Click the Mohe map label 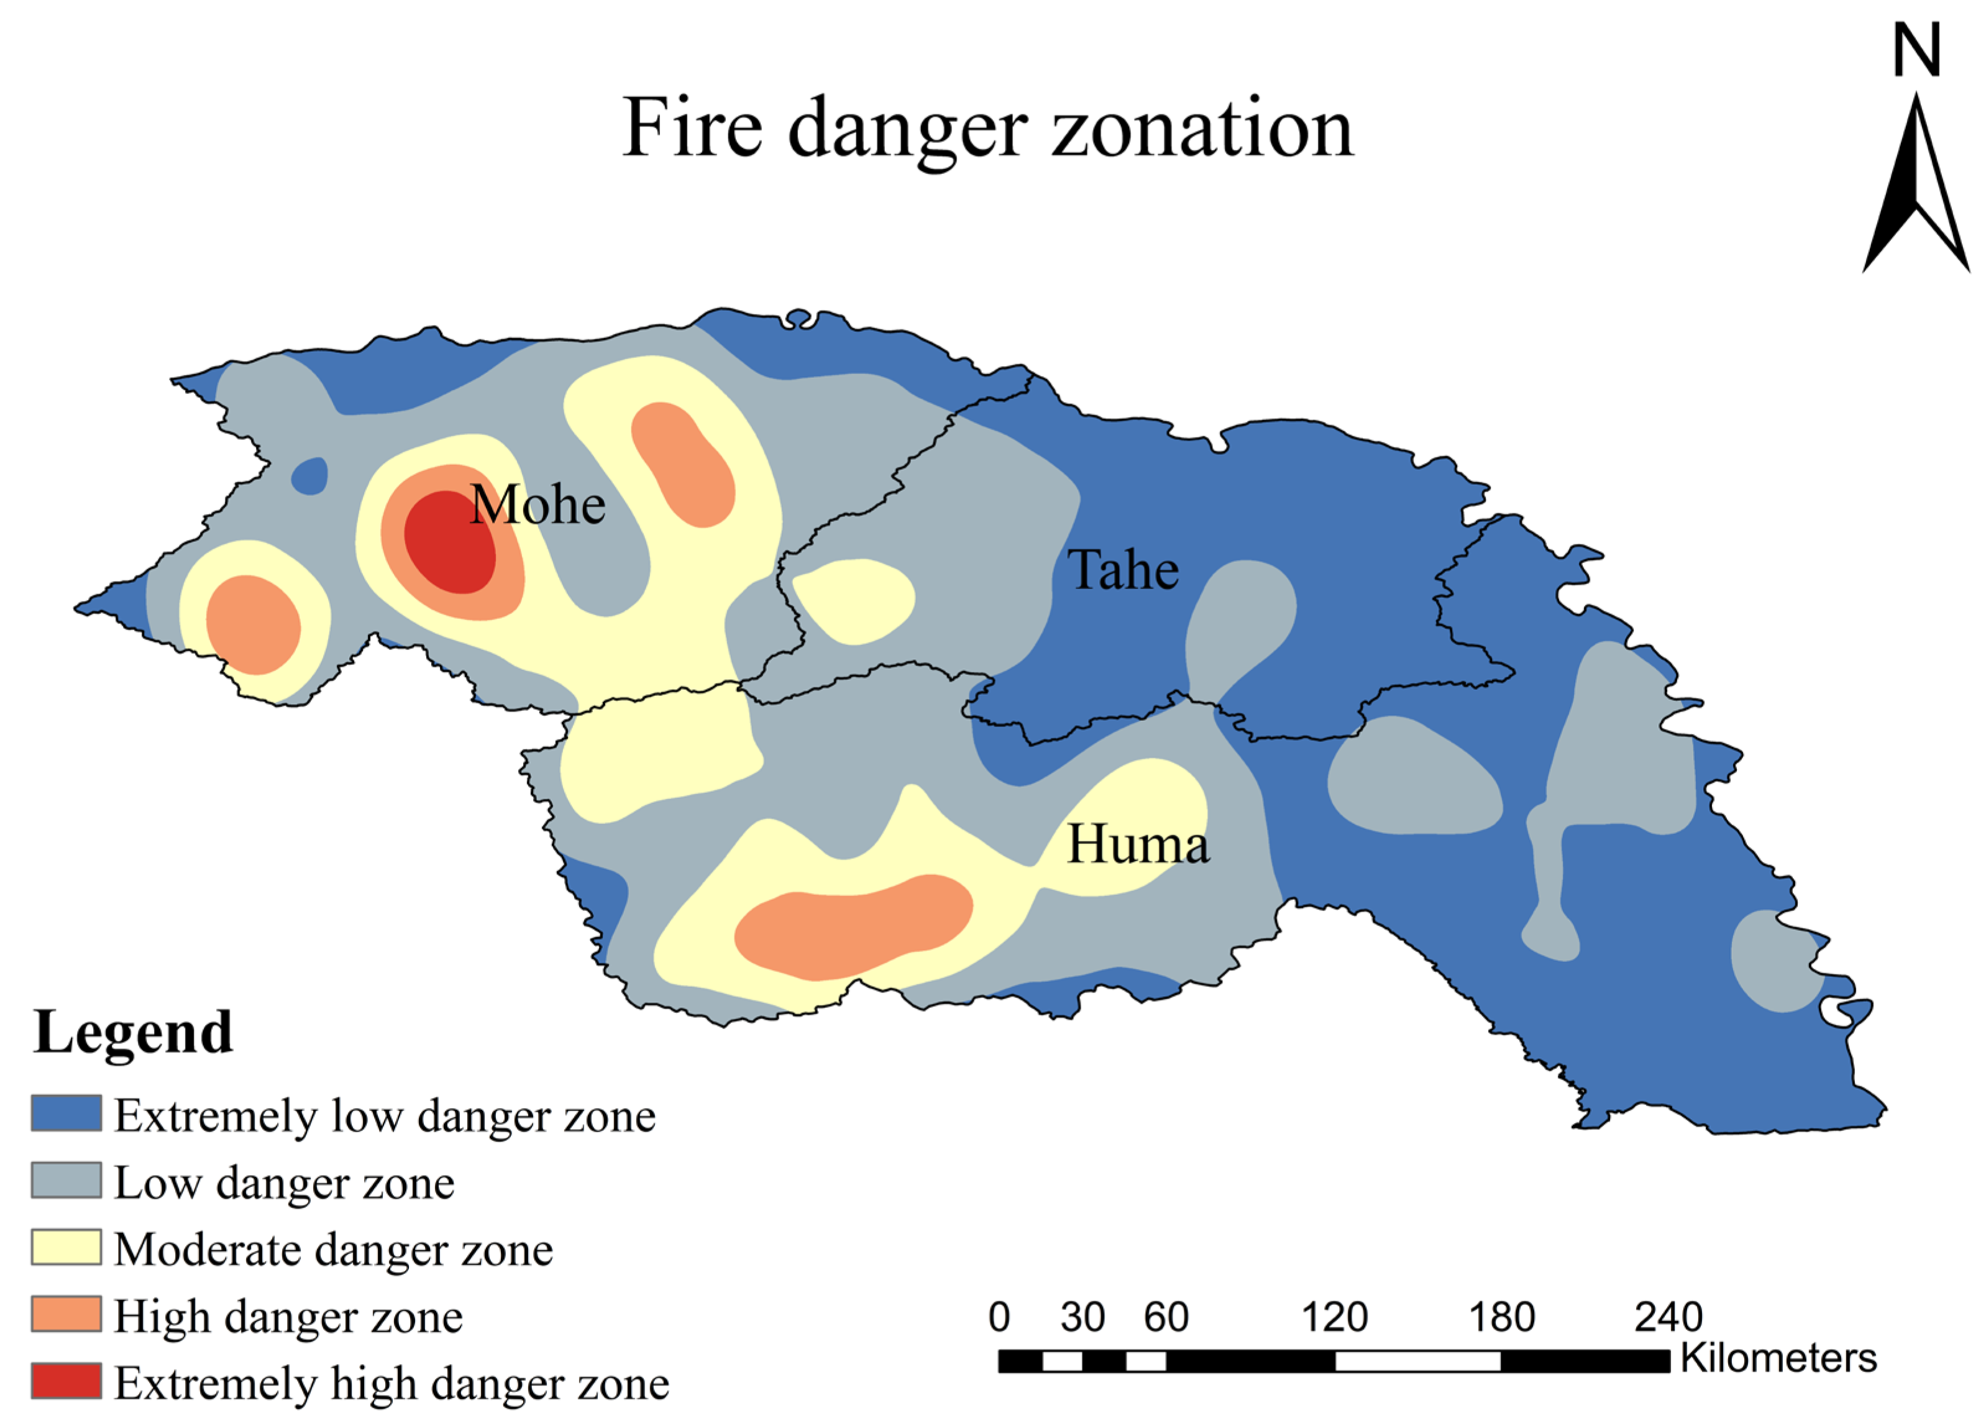[x=538, y=505]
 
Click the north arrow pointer [x=1916, y=184]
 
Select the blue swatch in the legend [x=66, y=1114]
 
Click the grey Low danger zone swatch [x=66, y=1180]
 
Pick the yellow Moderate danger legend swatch [x=66, y=1248]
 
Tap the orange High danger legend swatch [x=66, y=1314]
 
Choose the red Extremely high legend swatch [x=66, y=1381]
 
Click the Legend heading [x=133, y=1033]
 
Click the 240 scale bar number [x=1668, y=1317]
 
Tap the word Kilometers [x=1778, y=1358]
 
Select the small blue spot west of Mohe [x=309, y=476]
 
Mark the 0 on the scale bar [x=999, y=1317]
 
